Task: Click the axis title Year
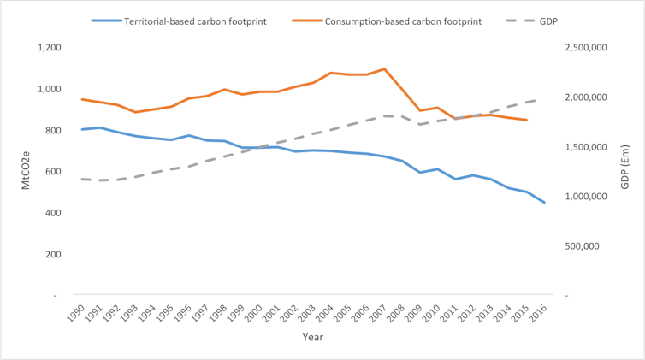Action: click(312, 338)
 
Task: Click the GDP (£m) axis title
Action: click(627, 171)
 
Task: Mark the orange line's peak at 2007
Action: click(385, 69)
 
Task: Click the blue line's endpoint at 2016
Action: click(545, 203)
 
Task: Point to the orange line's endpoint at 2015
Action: click(527, 120)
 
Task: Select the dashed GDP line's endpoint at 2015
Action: click(527, 103)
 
